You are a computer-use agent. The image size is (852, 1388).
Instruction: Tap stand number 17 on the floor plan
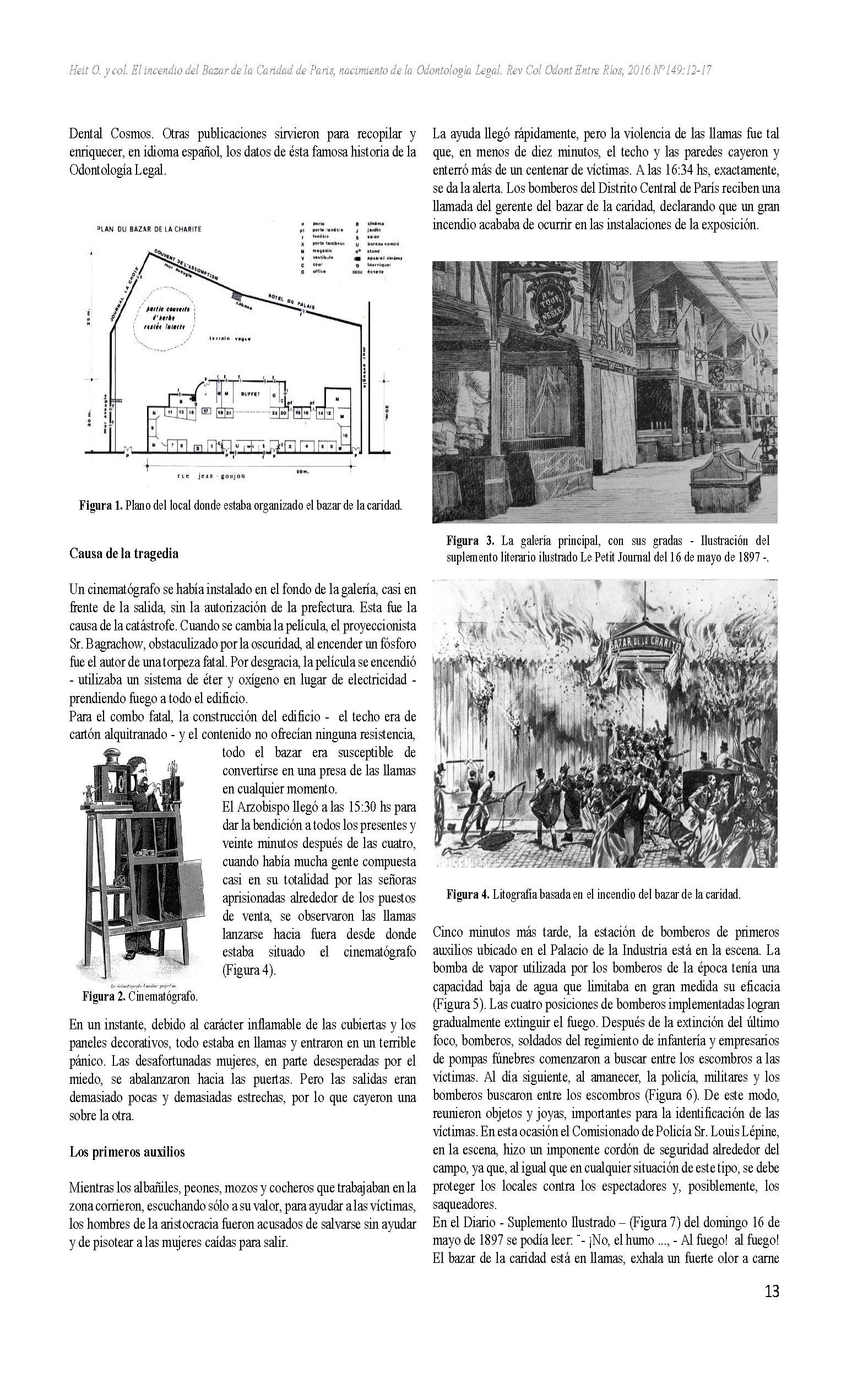tap(206, 411)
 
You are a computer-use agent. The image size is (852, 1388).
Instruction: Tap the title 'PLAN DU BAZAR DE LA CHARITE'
tap(150, 229)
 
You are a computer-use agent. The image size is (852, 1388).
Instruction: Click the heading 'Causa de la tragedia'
tap(124, 553)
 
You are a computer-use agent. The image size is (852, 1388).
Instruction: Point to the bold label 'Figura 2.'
tap(104, 996)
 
